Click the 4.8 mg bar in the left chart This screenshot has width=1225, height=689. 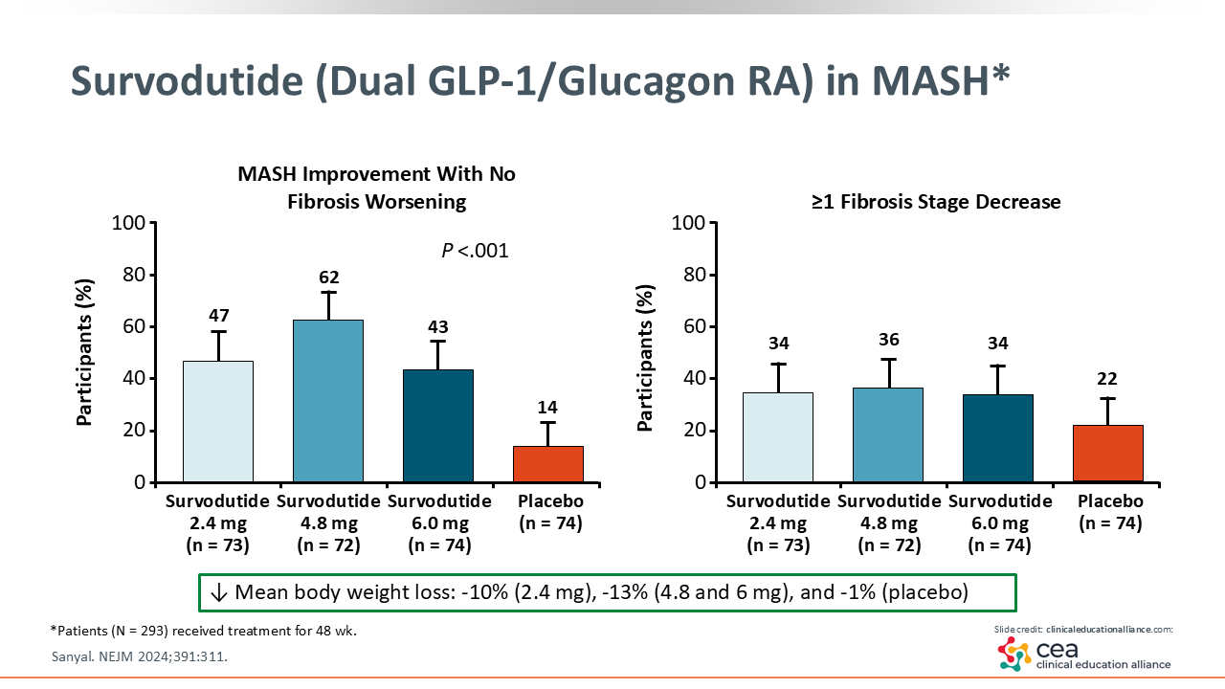point(328,400)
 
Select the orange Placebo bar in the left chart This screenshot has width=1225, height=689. point(548,464)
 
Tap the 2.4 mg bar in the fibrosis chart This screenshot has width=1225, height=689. point(778,436)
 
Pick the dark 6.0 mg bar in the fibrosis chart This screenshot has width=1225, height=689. point(999,437)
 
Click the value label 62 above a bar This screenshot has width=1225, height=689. point(329,278)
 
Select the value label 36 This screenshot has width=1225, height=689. point(889,340)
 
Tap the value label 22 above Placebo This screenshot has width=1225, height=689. point(1109,379)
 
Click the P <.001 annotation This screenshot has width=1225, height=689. point(475,252)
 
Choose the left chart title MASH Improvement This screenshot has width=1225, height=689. point(376,188)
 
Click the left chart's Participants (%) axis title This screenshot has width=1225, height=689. point(84,353)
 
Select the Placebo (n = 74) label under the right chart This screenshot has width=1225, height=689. point(1110,512)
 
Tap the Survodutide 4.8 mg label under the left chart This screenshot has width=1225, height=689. point(328,523)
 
